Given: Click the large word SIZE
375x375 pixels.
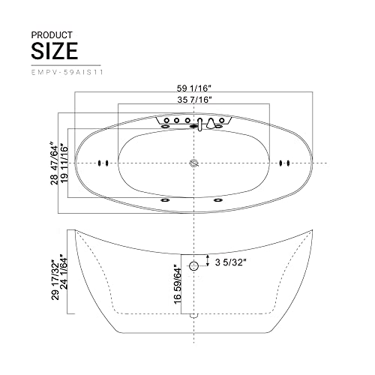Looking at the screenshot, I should coord(54,50).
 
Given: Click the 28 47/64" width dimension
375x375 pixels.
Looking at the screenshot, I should coord(53,161).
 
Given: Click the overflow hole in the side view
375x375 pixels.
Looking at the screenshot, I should coord(194,265).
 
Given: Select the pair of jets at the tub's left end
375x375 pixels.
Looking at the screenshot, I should coord(104,163).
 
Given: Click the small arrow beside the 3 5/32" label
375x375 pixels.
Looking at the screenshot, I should coord(207,262).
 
